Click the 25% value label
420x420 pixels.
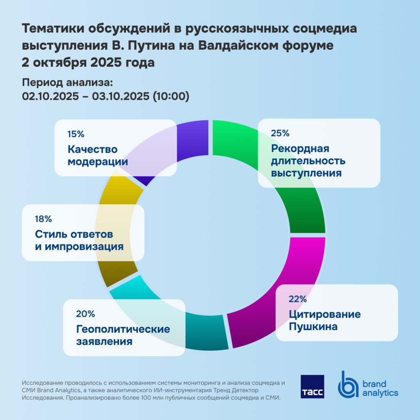point(280,133)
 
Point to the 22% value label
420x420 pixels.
point(297,299)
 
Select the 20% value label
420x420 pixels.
point(85,314)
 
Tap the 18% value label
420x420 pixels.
point(43,219)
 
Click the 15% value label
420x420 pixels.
point(76,134)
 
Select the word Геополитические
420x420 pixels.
point(123,329)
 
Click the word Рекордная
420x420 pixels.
point(300,148)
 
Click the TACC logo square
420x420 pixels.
point(312,386)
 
